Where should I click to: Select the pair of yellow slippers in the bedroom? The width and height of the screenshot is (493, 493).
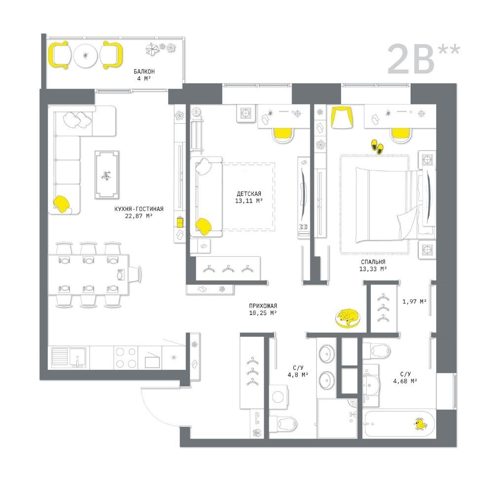point(377,146)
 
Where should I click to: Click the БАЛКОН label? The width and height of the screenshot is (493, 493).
point(144,71)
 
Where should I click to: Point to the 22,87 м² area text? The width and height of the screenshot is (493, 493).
point(139,216)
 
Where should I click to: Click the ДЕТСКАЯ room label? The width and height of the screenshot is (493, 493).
point(249,194)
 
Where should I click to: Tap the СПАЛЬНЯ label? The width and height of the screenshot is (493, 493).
point(373,262)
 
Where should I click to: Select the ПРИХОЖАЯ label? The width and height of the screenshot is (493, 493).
point(263,306)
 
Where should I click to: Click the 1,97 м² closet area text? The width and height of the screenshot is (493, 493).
point(415,302)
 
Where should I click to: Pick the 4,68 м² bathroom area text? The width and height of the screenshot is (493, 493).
point(405,381)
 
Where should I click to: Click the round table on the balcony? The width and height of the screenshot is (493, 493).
point(85,56)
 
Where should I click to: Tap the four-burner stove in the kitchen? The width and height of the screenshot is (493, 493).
point(126,358)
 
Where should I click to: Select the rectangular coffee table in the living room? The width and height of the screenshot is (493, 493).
point(107,175)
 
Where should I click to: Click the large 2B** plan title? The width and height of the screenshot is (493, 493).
point(423,59)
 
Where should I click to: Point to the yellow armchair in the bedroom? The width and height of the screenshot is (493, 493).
point(342,117)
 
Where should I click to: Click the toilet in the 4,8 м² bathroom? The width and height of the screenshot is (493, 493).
point(283,424)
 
